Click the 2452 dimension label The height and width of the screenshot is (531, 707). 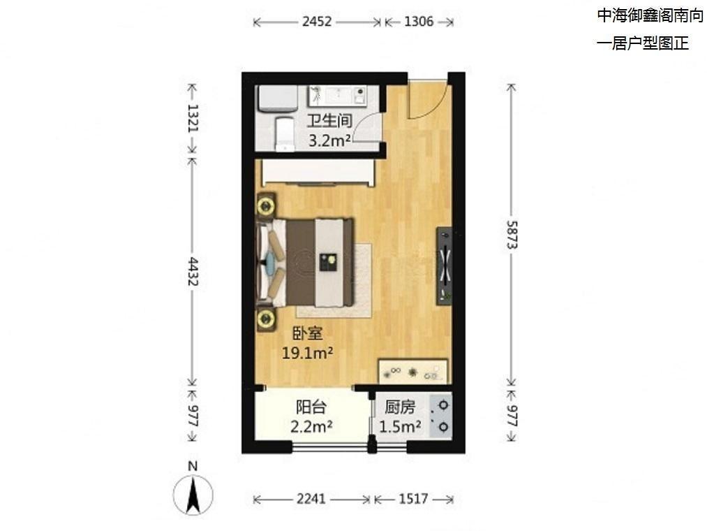click(317, 21)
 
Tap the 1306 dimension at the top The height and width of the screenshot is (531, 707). click(419, 21)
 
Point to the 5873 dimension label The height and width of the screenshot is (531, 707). click(511, 234)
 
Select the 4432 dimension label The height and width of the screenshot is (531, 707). click(193, 271)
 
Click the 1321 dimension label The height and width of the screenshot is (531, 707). click(193, 118)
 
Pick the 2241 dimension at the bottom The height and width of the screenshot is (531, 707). click(311, 498)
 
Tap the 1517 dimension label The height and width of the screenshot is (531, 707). click(413, 498)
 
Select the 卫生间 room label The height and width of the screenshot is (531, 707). click(329, 121)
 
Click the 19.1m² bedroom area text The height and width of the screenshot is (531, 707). click(308, 352)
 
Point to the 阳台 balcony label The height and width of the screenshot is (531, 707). click(311, 407)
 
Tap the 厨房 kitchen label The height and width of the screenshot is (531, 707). click(399, 407)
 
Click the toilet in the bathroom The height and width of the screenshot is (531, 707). click(285, 134)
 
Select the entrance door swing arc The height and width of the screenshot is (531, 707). click(433, 108)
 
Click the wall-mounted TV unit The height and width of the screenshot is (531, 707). click(444, 266)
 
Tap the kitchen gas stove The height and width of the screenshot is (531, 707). click(440, 416)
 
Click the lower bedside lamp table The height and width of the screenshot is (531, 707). click(266, 319)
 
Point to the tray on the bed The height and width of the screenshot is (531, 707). click(328, 262)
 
